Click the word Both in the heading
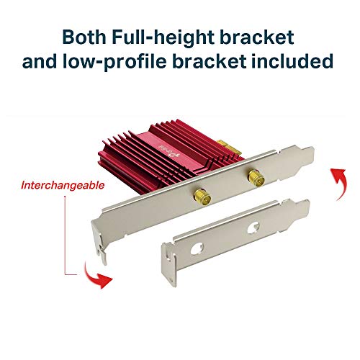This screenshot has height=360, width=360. pyautogui.click(x=84, y=37)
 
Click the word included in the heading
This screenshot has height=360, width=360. pyautogui.click(x=292, y=60)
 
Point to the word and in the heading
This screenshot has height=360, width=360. pyautogui.click(x=40, y=61)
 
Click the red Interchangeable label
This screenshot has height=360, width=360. pyautogui.click(x=63, y=185)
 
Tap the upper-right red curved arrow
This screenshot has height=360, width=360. pyautogui.click(x=338, y=184)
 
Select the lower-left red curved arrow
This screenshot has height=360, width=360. pyautogui.click(x=96, y=277)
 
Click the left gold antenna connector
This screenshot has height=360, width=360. pyautogui.click(x=203, y=197)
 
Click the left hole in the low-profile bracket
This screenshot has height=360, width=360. pyautogui.click(x=197, y=248)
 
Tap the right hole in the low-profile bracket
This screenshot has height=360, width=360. pyautogui.click(x=253, y=227)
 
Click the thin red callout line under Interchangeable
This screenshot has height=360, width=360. pyautogui.click(x=66, y=235)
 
